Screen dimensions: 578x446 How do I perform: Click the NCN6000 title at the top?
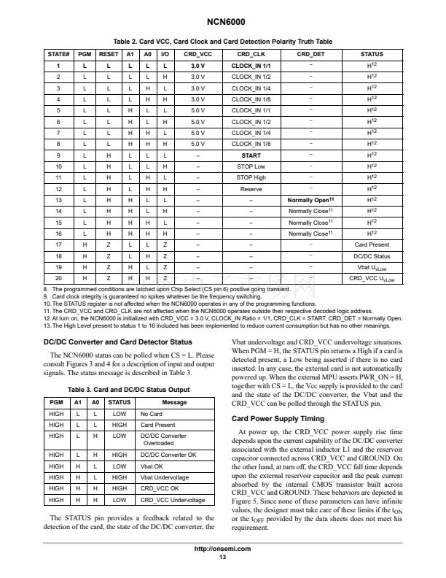pos(222,23)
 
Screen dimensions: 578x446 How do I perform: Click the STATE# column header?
pos(58,54)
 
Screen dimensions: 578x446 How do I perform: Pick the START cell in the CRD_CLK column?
pos(251,155)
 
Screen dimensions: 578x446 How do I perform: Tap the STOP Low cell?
pos(251,166)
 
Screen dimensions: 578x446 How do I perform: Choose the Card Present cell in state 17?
pos(372,244)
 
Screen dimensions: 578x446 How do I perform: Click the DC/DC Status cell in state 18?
pos(372,256)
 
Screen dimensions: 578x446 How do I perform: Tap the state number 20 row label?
pos(58,278)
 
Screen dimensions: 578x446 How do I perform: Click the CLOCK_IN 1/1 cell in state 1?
pos(251,66)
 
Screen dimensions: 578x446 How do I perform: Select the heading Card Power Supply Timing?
pos(278,419)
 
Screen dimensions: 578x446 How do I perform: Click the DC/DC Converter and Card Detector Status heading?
pos(117,342)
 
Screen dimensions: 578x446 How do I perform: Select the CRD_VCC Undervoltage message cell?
pos(173,500)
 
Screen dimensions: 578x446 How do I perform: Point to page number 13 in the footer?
pos(222,558)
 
